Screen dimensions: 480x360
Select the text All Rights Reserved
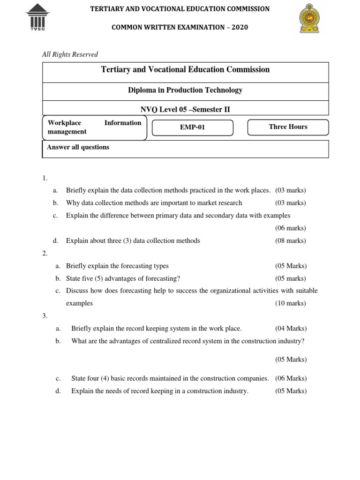click(70, 54)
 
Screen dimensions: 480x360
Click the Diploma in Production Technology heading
click(185, 90)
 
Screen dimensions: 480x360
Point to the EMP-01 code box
click(193, 127)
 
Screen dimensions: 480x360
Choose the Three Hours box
click(288, 127)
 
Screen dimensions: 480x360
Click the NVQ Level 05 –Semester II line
click(185, 110)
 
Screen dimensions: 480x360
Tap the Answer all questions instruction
click(78, 147)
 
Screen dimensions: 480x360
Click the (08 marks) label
click(290, 240)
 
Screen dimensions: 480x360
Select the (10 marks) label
click(290, 303)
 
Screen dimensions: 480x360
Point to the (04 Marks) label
click(291, 329)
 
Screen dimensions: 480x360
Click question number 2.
click(45, 254)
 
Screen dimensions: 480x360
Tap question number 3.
click(45, 316)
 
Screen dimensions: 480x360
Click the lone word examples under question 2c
click(79, 303)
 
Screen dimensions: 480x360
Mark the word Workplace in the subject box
click(64, 123)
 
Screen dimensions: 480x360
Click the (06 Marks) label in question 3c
click(291, 378)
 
